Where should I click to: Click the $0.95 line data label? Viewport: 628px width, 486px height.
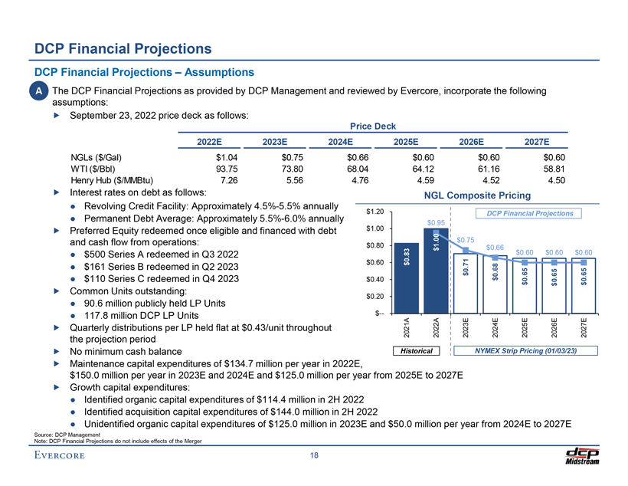click(436, 223)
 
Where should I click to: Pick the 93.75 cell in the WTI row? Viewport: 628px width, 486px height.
click(225, 168)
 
